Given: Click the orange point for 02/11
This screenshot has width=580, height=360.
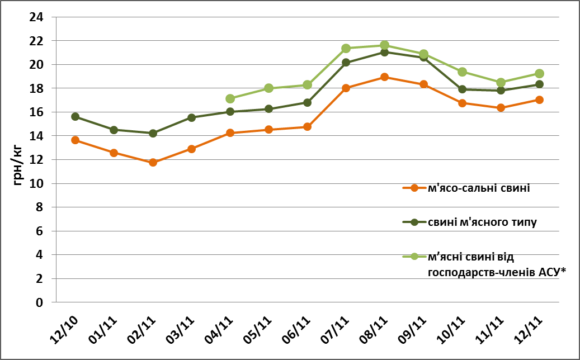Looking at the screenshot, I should tap(153, 163).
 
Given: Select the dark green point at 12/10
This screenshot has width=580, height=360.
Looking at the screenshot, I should tap(75, 117).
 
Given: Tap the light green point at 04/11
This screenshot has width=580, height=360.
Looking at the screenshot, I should tap(230, 99).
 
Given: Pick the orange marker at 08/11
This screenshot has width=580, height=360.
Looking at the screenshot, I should tap(385, 77).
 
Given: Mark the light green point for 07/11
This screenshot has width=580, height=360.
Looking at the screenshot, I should tap(346, 49).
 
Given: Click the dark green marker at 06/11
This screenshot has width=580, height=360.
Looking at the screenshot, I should tap(307, 102).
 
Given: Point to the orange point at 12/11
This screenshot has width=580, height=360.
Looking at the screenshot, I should tap(539, 100).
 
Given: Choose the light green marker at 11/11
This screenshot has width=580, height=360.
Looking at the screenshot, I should tap(501, 82).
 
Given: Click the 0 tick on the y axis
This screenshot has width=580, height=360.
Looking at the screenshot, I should tap(40, 302).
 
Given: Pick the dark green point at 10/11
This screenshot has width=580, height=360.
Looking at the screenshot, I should tap(462, 89).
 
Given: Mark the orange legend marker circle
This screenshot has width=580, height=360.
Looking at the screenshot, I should tap(414, 188).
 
